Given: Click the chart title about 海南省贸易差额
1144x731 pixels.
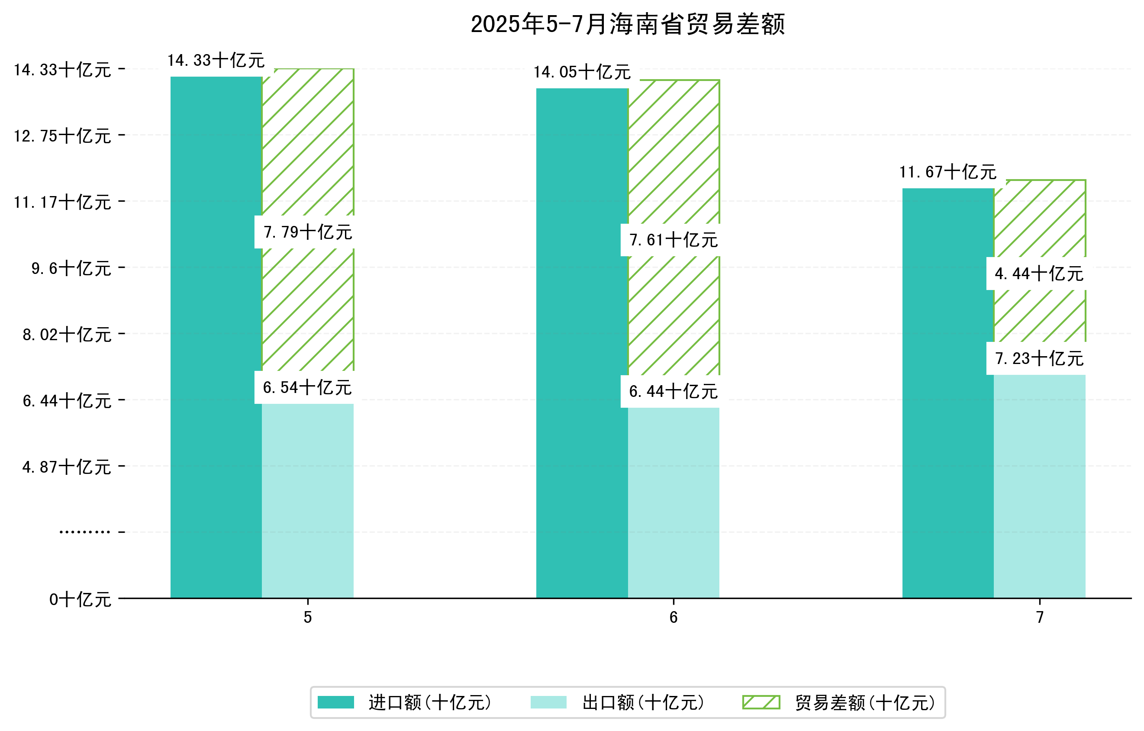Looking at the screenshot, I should pos(627,24).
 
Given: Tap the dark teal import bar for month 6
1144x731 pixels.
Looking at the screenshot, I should pos(582,342).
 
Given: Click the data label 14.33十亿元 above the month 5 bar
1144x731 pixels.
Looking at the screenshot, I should pos(216,60).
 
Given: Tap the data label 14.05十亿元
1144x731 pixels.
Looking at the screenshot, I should pos(582,72).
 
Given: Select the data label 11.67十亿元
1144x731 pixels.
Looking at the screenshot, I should pos(948,172).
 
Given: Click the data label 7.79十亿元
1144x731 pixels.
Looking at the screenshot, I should pos(307,232).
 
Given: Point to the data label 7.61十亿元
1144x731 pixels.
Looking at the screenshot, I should pos(673,240).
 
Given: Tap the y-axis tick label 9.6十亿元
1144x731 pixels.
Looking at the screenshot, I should pos(71,268).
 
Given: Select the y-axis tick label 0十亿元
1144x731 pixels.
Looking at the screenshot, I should pos(80,599).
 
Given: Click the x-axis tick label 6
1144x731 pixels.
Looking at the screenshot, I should pos(673,618).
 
